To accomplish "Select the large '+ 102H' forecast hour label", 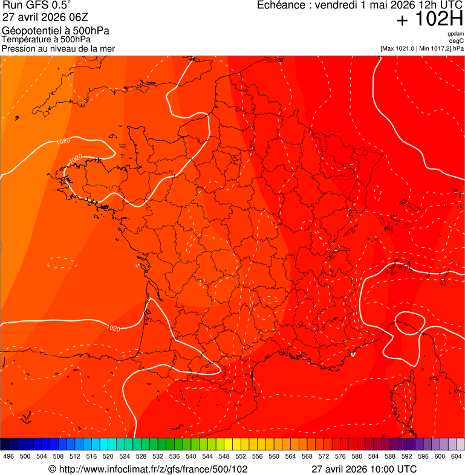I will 429,20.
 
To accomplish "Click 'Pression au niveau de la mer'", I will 58,48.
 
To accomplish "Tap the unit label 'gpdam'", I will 455,34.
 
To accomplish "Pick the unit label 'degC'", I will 457,40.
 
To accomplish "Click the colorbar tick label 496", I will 8,456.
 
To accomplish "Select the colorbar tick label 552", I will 241,456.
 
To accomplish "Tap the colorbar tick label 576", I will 340,456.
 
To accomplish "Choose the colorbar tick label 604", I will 457,456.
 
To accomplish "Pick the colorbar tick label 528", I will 141,456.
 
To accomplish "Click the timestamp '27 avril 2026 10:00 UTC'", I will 363,469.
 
